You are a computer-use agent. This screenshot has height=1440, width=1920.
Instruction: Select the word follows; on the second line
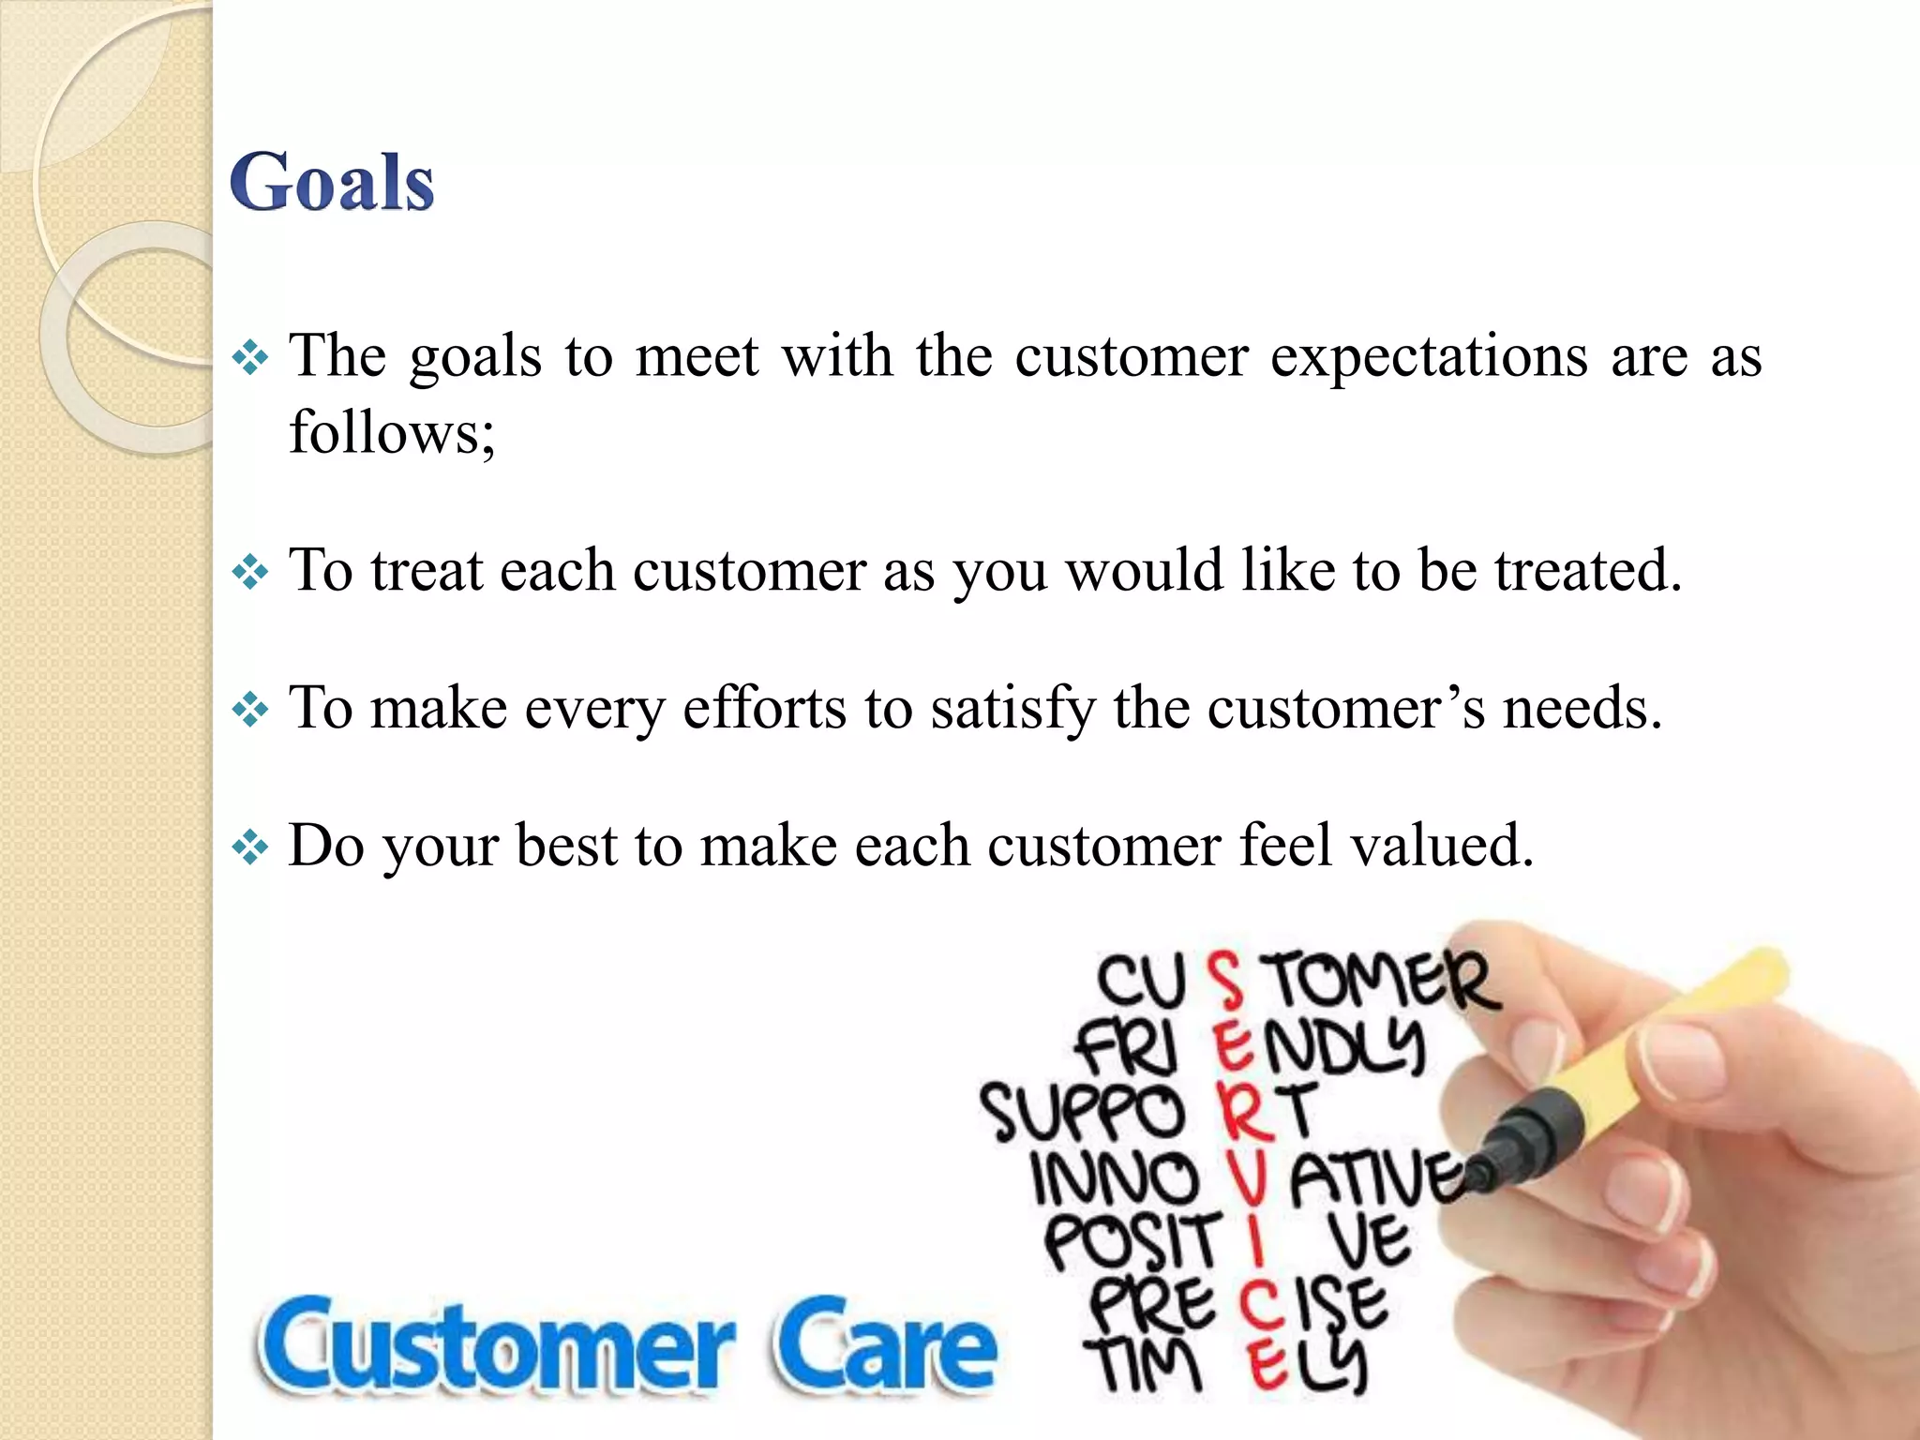[392, 432]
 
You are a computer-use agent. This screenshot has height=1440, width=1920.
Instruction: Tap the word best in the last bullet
[565, 845]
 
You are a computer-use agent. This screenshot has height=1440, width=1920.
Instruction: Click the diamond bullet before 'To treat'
[250, 572]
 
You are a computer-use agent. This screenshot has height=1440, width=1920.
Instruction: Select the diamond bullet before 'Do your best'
[250, 847]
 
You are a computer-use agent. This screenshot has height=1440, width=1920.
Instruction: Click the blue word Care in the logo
[883, 1345]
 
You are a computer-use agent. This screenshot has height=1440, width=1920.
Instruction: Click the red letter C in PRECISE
[1260, 1305]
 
